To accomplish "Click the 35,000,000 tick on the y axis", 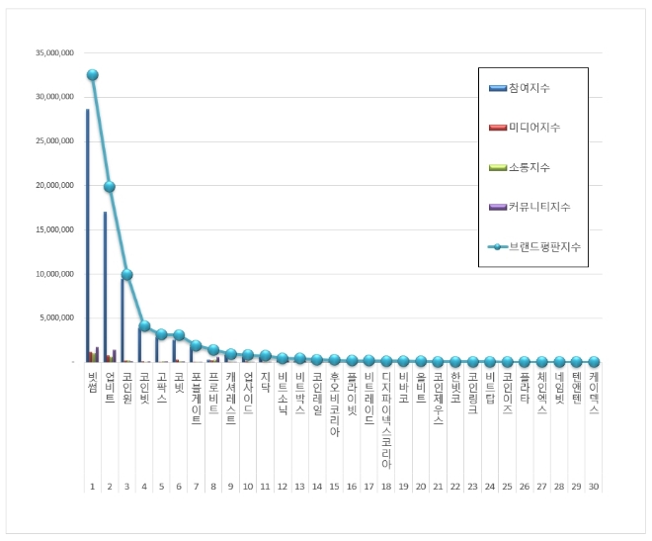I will [53, 53].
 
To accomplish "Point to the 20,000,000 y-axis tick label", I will [53, 185].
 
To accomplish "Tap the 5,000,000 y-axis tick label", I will [55, 317].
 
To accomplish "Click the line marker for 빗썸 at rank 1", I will [92, 75].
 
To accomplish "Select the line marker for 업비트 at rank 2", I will [110, 187].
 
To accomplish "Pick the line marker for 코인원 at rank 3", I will [126, 275].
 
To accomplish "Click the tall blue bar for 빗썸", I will [87, 235].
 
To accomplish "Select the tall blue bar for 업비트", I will [105, 287].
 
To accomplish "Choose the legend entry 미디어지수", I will [533, 128].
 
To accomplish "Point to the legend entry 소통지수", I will [530, 167].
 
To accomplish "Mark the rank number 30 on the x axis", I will [593, 487].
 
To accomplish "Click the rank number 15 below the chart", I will [334, 487].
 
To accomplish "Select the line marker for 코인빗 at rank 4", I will [144, 326].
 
